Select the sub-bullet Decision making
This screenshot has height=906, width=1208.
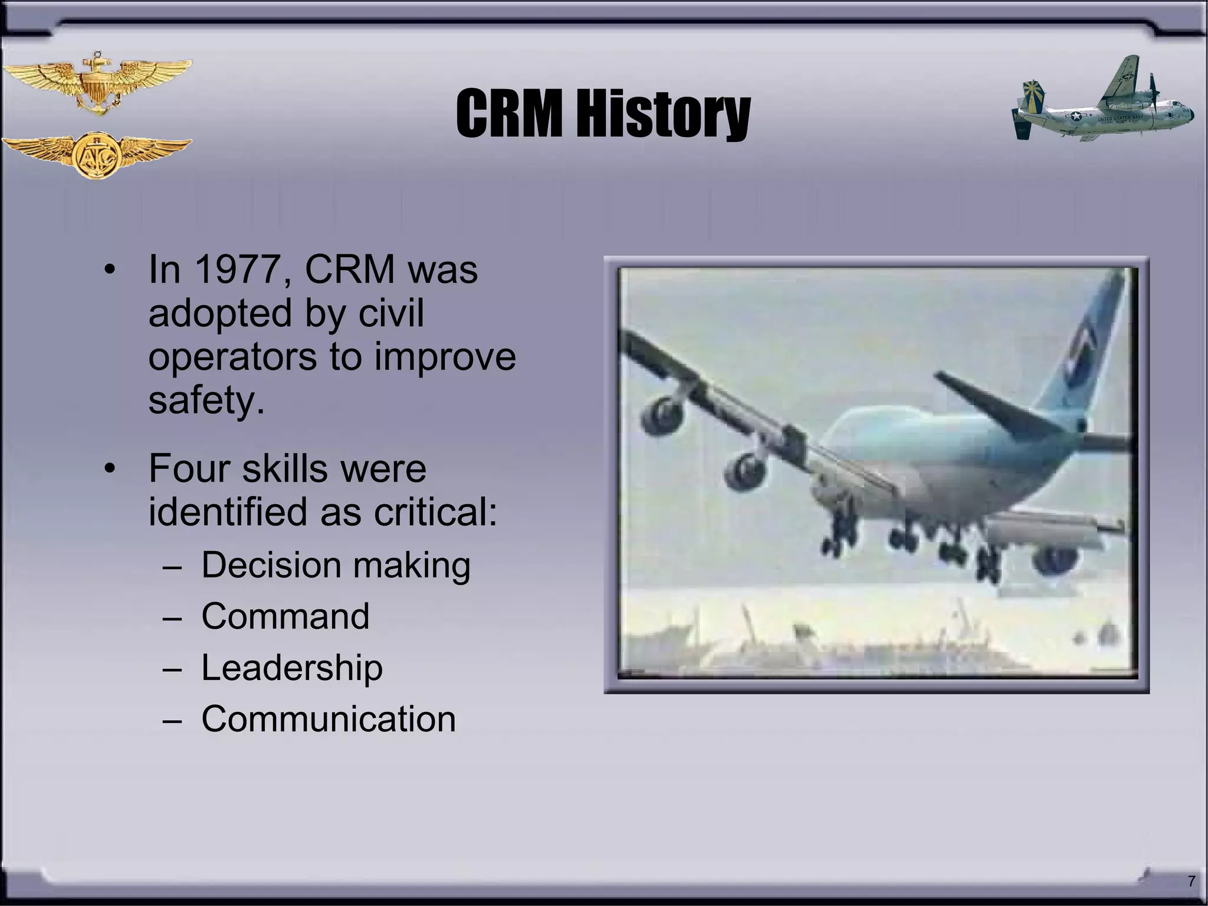pyautogui.click(x=336, y=565)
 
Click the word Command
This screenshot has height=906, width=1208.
pyautogui.click(x=285, y=616)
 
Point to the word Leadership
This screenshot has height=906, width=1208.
pyautogui.click(x=292, y=668)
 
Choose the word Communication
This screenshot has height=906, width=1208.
pyautogui.click(x=329, y=719)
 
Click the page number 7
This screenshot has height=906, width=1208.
pyautogui.click(x=1191, y=881)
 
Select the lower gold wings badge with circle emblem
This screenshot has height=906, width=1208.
pyautogui.click(x=97, y=155)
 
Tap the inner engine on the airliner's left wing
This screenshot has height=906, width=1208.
pyautogui.click(x=744, y=472)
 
